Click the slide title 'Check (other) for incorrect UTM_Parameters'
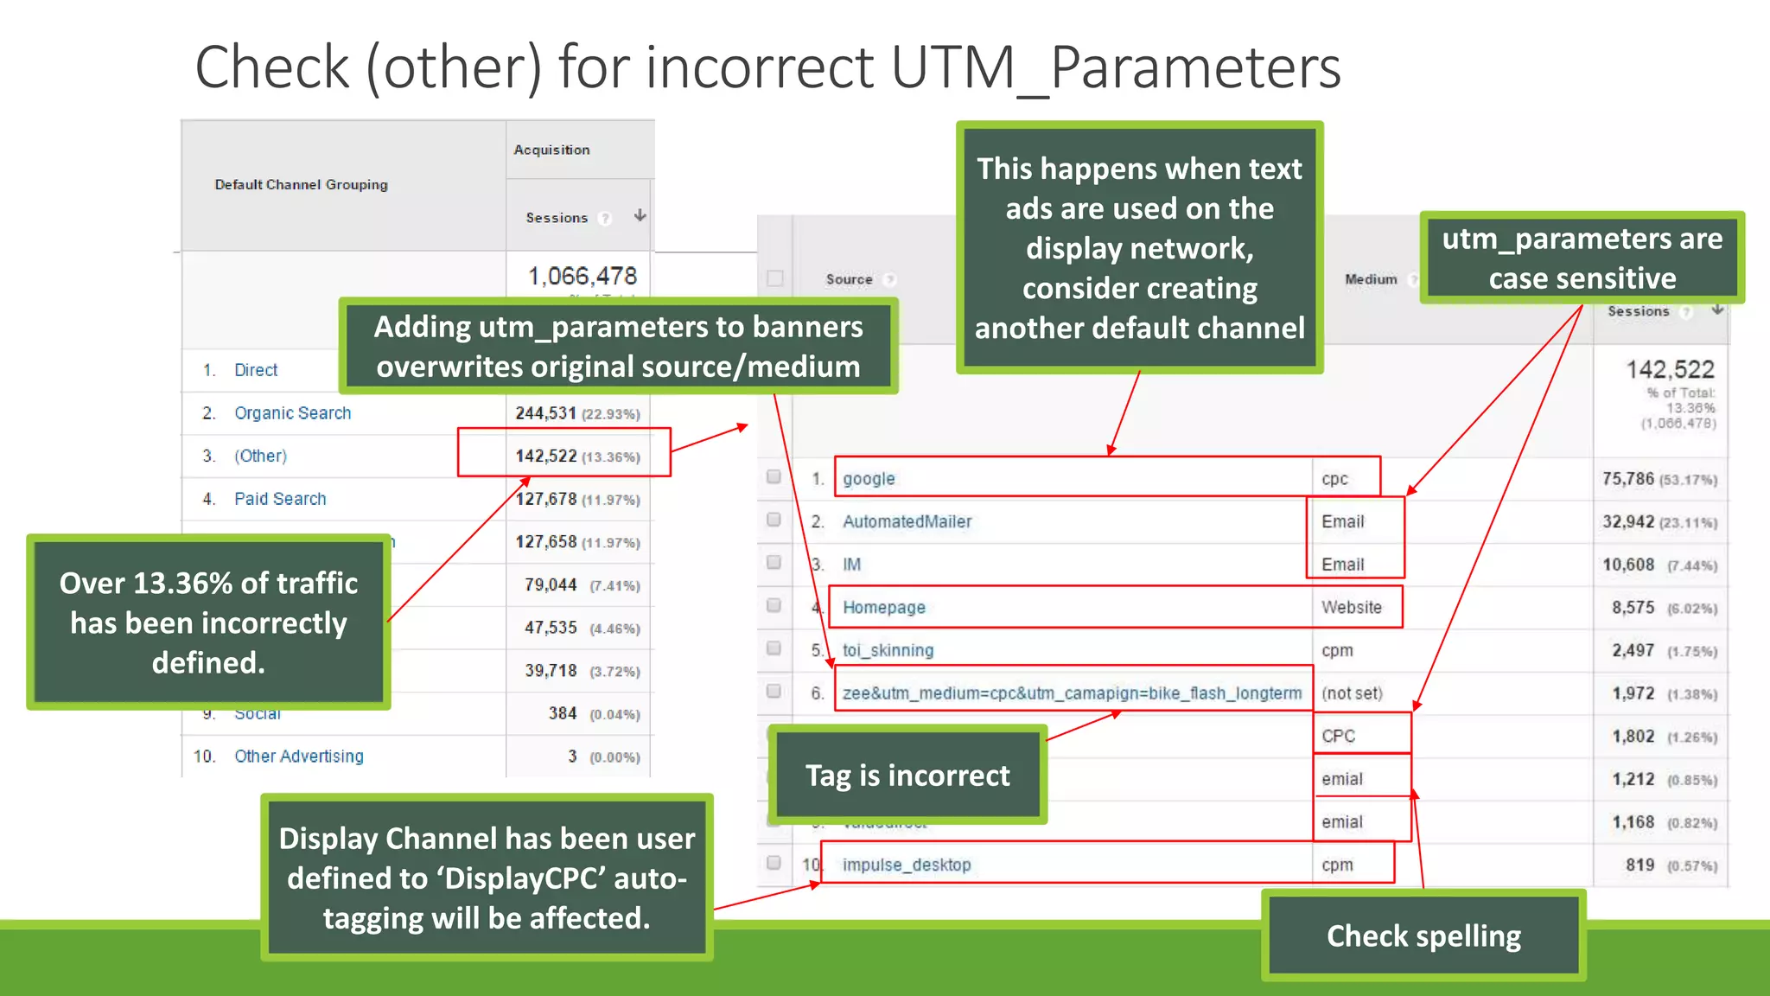(x=767, y=67)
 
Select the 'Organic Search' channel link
(x=292, y=413)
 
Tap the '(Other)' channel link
(x=260, y=456)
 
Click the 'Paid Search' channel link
(x=280, y=499)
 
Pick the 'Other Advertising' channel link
(x=298, y=757)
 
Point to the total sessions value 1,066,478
(x=582, y=276)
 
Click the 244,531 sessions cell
(x=545, y=413)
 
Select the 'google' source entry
(x=869, y=479)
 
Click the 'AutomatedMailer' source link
(x=907, y=521)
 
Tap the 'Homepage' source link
(x=883, y=607)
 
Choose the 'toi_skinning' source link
(x=888, y=650)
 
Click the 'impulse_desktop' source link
(x=907, y=865)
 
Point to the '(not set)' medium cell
(x=1352, y=693)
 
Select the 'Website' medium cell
(x=1351, y=607)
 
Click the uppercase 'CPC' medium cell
(x=1338, y=736)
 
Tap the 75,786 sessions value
(x=1627, y=479)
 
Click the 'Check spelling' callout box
(x=1423, y=935)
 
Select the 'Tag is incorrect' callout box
(x=907, y=775)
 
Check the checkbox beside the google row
(x=774, y=476)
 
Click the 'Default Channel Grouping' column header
(x=301, y=184)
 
